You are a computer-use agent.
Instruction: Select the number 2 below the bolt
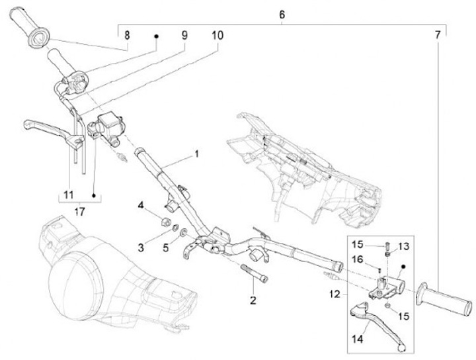(x=253, y=301)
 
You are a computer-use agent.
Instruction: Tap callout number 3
(x=141, y=247)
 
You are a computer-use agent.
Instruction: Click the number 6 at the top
(x=282, y=14)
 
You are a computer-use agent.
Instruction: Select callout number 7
(x=438, y=33)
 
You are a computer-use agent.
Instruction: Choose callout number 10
(x=218, y=33)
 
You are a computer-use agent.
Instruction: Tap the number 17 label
(x=79, y=212)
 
